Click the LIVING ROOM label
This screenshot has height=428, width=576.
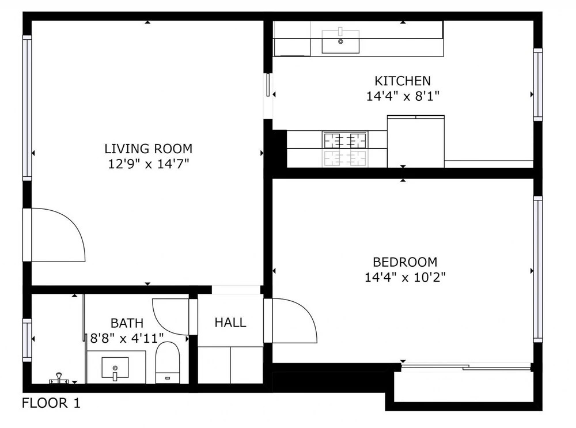pos(149,149)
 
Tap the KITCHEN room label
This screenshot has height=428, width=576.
pos(403,81)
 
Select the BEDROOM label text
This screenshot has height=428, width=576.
pos(405,262)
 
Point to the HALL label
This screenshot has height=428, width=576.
pos(230,323)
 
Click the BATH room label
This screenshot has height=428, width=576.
pos(127,323)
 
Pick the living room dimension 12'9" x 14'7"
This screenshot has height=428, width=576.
pos(149,164)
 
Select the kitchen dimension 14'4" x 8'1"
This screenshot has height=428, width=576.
pos(403,96)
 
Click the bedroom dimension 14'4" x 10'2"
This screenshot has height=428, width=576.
pos(405,277)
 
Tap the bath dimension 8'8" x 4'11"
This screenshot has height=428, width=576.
pos(127,338)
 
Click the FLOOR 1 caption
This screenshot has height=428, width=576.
pos(51,403)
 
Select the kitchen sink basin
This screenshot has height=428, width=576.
pos(340,41)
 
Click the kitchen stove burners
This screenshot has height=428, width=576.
pos(345,139)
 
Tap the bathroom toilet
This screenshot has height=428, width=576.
pos(168,362)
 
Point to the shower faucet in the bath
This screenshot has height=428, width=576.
pos(59,378)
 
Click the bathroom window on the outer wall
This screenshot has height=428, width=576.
pos(27,340)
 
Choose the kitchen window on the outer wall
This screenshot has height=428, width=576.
pos(538,85)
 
